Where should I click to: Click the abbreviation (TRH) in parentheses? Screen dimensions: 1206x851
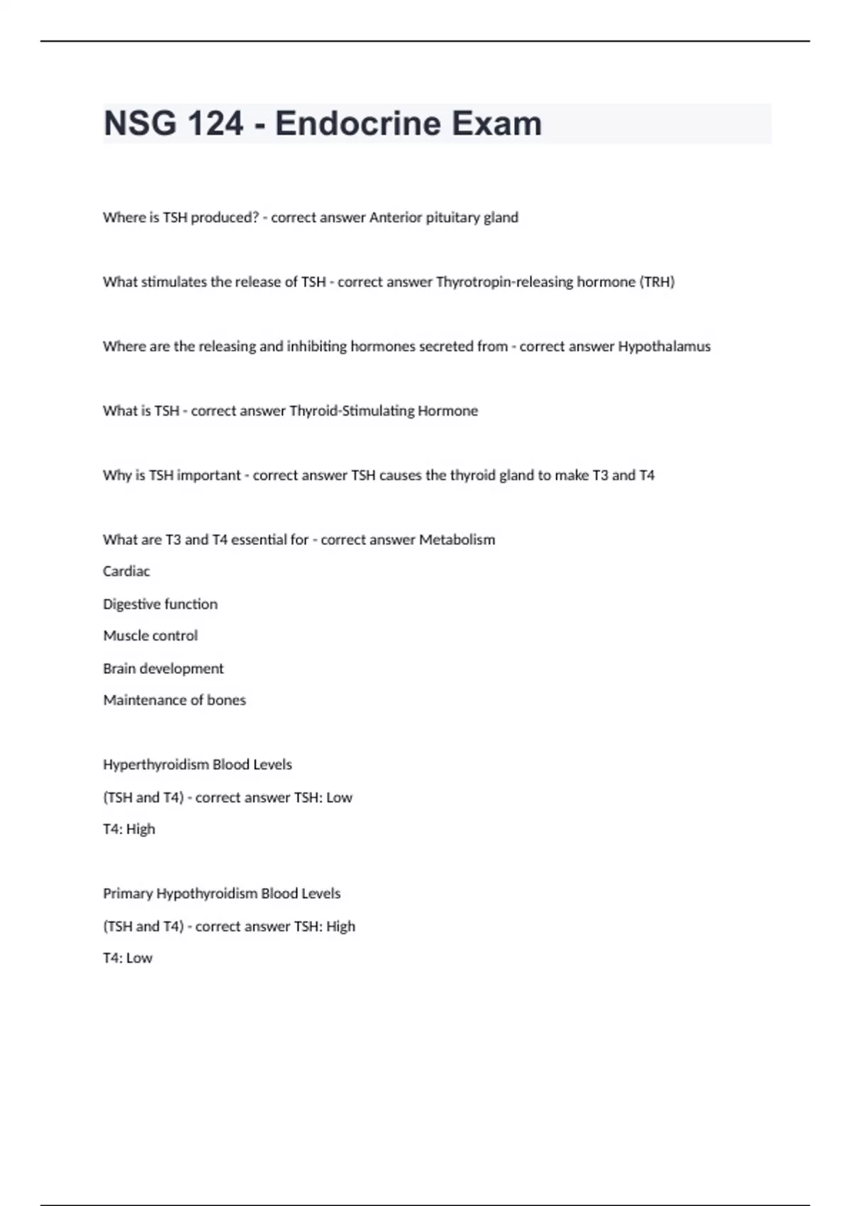pyautogui.click(x=657, y=282)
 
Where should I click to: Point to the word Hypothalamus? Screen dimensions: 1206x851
pyautogui.click(x=664, y=346)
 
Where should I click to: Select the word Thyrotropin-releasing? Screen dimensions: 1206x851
pyautogui.click(x=504, y=282)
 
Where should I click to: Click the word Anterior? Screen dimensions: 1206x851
pyautogui.click(x=395, y=217)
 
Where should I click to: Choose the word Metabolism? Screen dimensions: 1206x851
pyautogui.click(x=457, y=540)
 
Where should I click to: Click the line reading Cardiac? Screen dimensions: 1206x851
pyautogui.click(x=126, y=571)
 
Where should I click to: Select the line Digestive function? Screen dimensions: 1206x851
pyautogui.click(x=160, y=604)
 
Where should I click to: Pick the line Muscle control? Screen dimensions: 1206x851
pyautogui.click(x=150, y=636)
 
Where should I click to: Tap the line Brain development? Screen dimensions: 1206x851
pyautogui.click(x=163, y=668)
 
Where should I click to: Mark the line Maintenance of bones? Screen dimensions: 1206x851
pyautogui.click(x=174, y=700)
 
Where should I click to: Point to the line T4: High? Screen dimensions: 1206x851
pyautogui.click(x=128, y=829)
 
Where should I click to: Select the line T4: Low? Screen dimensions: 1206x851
pyautogui.click(x=128, y=958)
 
